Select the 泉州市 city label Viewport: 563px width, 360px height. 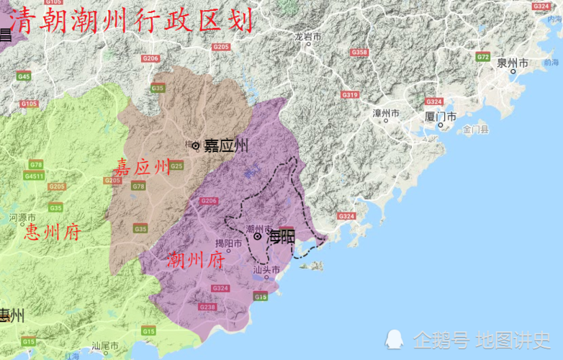[512, 63]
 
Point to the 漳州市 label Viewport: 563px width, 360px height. [386, 114]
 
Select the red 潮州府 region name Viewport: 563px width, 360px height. [195, 260]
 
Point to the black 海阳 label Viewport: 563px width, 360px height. [281, 235]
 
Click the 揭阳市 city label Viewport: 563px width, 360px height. [228, 243]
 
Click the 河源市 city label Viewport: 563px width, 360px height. [22, 217]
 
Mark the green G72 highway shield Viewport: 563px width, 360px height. [482, 57]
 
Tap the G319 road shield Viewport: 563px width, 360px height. [350, 95]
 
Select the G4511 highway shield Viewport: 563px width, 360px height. [34, 176]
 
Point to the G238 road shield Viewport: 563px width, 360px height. [207, 307]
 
